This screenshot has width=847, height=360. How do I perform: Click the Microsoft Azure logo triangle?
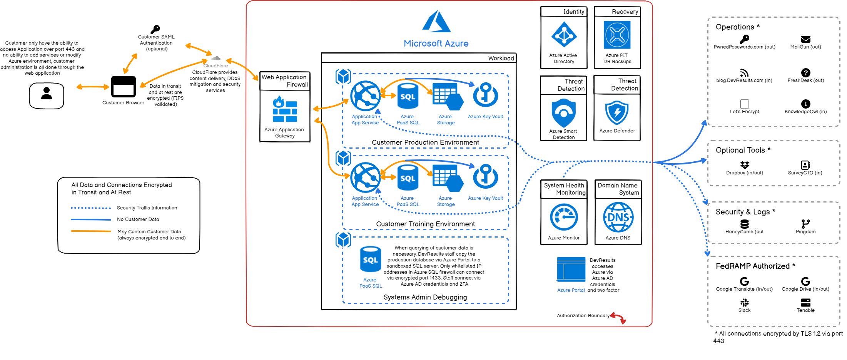[x=436, y=22]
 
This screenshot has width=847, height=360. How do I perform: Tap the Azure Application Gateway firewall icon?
[x=285, y=109]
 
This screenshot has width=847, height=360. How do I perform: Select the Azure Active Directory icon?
[x=564, y=35]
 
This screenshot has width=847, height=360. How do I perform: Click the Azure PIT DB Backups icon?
[x=617, y=35]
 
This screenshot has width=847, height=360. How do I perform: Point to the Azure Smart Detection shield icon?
[x=563, y=113]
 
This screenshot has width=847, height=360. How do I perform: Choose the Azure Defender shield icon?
[x=617, y=113]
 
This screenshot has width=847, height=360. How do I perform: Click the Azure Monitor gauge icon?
[x=564, y=218]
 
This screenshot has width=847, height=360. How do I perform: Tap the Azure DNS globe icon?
[x=618, y=218]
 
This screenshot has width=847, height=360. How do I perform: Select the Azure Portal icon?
[x=571, y=270]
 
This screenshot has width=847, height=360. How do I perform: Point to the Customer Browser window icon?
[x=123, y=87]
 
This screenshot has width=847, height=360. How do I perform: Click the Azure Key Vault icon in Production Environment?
[x=486, y=95]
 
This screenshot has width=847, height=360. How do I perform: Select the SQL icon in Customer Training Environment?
[x=408, y=177]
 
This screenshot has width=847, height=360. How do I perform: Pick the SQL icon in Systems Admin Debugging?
[x=370, y=260]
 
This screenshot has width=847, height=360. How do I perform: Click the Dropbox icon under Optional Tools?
[x=745, y=165]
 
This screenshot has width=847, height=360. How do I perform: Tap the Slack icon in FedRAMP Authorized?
[x=745, y=303]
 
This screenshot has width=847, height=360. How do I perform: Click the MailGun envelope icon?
[x=805, y=39]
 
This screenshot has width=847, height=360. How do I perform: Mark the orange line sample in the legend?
[x=91, y=231]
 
